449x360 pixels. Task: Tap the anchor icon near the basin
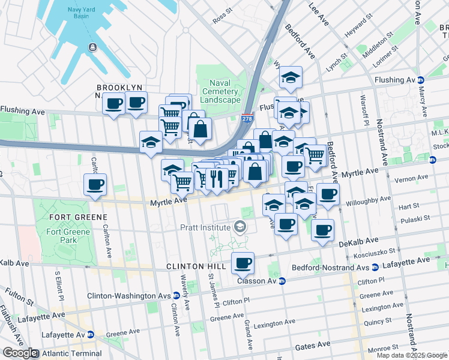(x=92, y=47)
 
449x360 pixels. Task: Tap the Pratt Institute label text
(x=205, y=227)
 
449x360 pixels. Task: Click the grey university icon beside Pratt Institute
(x=240, y=227)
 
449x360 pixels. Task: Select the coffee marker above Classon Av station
(x=243, y=262)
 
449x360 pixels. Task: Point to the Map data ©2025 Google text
(x=412, y=355)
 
